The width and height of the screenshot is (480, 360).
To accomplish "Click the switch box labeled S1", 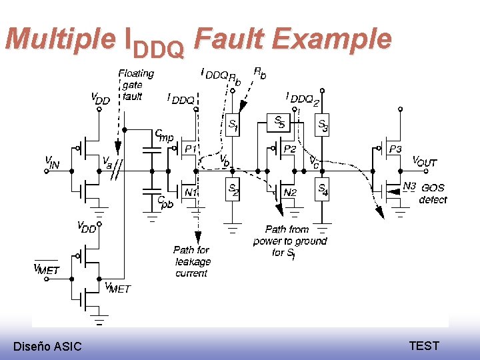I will click(233, 124).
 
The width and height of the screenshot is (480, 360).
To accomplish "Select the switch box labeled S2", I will click(233, 190).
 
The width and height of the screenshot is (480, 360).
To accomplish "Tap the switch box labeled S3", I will click(323, 124).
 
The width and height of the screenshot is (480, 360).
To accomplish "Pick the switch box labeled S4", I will click(323, 190).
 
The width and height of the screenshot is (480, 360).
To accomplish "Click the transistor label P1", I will click(190, 149).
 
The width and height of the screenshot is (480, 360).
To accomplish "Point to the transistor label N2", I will click(290, 193).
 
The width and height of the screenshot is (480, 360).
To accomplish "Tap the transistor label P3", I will click(395, 149).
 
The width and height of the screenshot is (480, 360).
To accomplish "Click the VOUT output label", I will click(425, 162).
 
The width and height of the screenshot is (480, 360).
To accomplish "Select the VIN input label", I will click(53, 161).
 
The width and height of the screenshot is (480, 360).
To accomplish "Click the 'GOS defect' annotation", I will click(433, 193).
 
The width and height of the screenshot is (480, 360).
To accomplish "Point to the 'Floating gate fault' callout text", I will click(135, 85).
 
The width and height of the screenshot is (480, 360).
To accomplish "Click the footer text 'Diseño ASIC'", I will click(47, 346).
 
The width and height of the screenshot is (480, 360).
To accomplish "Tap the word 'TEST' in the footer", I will click(424, 345).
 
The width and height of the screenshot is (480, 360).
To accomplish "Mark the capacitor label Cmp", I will click(164, 136).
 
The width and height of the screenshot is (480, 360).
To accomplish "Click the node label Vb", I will click(225, 161).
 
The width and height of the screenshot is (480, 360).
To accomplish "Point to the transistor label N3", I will click(409, 186).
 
